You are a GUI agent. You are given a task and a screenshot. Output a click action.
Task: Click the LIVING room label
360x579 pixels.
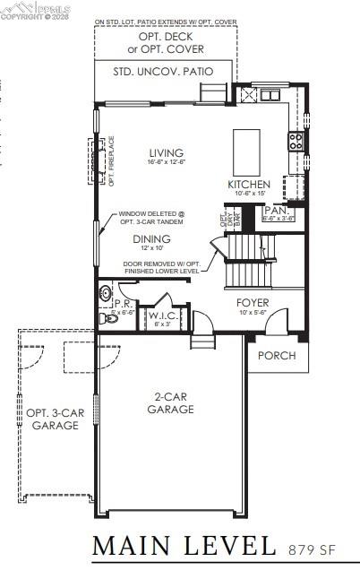167,153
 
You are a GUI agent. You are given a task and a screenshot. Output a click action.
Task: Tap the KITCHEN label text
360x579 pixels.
248,185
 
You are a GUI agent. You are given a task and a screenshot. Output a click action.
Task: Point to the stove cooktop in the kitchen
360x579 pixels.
295,141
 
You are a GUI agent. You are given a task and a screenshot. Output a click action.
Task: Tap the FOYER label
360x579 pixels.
253,303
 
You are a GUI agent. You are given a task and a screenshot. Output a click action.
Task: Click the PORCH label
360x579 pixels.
277,356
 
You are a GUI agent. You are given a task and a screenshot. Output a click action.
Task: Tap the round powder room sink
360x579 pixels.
105,292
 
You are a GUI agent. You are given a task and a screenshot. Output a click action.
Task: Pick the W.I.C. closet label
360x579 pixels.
162,315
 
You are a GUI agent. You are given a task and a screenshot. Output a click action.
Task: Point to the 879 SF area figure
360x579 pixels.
317,547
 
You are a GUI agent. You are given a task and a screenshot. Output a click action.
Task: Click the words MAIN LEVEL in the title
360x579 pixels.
184,544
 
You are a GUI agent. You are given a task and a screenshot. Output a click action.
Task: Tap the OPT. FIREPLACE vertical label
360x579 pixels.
112,160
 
